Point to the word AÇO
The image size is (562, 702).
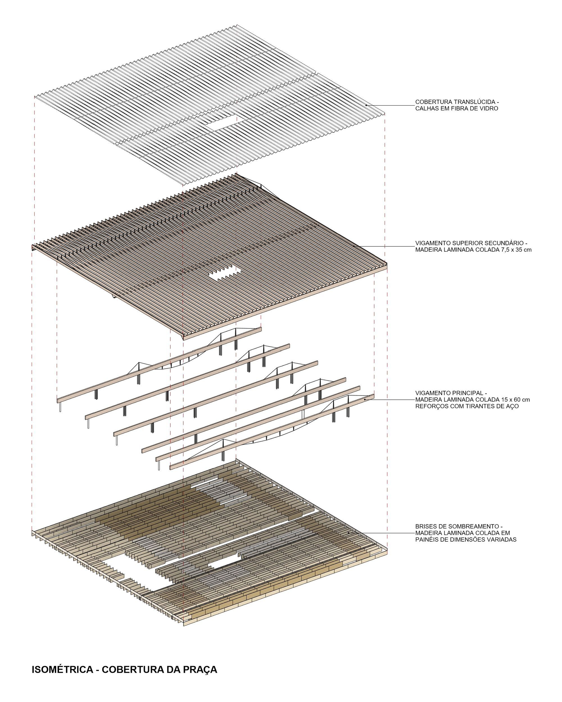coord(511,406)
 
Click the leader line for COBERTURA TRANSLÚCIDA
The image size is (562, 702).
coord(390,105)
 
